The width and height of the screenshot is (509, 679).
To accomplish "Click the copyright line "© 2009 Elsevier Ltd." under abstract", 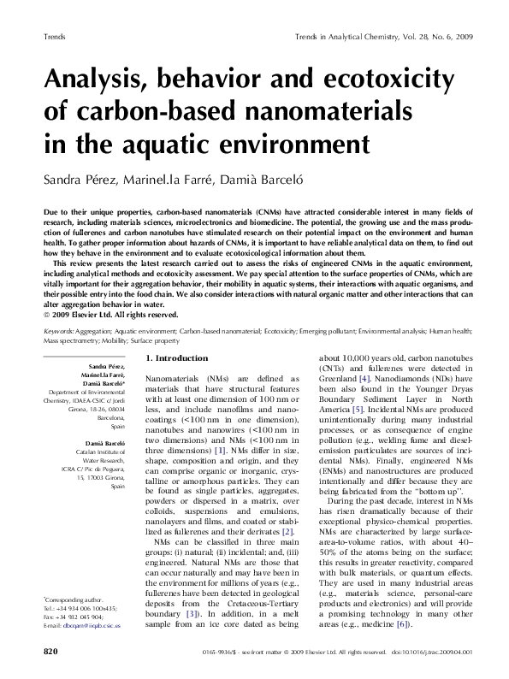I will [x=86, y=313].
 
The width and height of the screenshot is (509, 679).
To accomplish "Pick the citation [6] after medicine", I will [x=400, y=625].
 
